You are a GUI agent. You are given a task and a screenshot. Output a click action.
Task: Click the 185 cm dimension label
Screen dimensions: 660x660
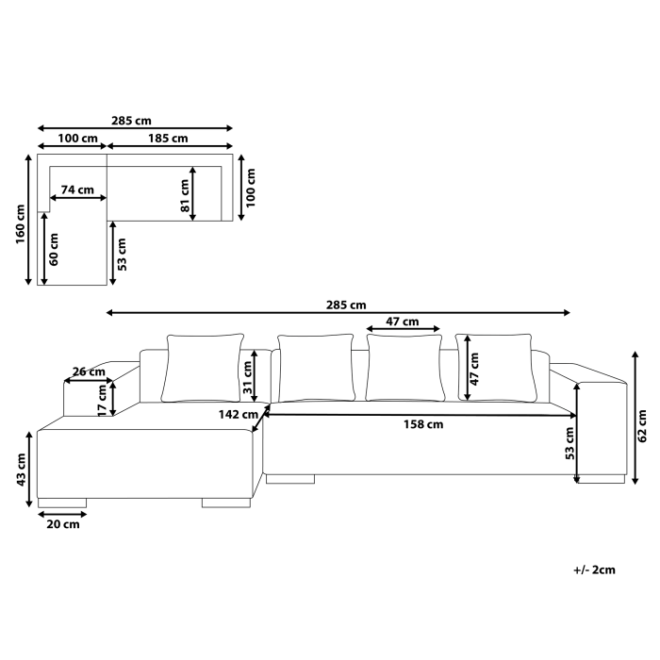[168, 139]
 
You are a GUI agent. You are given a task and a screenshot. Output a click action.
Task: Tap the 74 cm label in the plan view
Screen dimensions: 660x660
[77, 190]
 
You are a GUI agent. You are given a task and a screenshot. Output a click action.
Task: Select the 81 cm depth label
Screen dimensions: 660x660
[186, 194]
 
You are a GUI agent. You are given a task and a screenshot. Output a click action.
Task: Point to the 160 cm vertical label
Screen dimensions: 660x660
[19, 224]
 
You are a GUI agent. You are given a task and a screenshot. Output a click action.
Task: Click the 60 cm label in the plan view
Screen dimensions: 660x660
[54, 247]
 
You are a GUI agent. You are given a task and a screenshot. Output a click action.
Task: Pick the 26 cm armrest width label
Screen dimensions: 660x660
[89, 371]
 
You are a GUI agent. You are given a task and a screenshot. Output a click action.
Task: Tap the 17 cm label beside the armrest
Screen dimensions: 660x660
[103, 396]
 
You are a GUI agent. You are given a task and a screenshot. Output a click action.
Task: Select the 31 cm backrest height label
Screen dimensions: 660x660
[247, 377]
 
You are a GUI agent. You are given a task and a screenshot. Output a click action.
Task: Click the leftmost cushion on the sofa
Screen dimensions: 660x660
[203, 368]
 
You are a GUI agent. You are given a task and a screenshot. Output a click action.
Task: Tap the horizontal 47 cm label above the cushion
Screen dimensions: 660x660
[404, 322]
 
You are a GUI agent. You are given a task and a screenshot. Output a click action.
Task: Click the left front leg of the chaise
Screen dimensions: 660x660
[62, 503]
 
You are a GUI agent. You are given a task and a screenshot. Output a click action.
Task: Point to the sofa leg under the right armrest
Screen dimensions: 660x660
[601, 479]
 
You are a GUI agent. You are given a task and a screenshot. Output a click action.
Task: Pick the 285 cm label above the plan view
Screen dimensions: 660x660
[136, 121]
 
